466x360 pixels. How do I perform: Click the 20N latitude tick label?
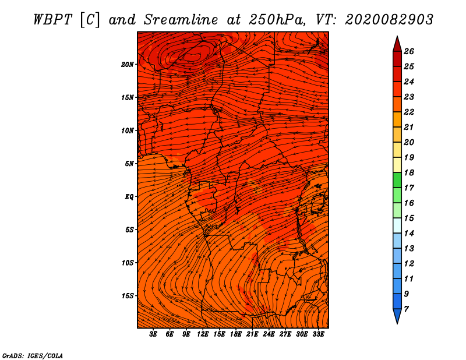[x=128, y=64]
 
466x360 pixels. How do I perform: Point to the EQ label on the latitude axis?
[x=129, y=196]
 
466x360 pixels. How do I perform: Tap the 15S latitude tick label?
[x=128, y=295]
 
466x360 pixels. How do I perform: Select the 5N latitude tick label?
[x=129, y=163]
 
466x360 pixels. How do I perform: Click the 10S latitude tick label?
[x=128, y=263]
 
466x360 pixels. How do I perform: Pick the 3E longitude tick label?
[x=154, y=334]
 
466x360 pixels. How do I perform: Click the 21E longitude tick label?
[x=252, y=334]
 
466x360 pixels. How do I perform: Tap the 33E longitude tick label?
[x=318, y=334]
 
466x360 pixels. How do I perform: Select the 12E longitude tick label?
[x=203, y=334]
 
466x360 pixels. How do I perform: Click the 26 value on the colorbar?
[x=408, y=51]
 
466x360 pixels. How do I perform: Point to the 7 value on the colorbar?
[x=406, y=309]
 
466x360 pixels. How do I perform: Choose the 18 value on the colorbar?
[x=408, y=172]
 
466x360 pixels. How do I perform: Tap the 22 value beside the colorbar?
[x=408, y=112]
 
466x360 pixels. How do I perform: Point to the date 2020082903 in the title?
[x=389, y=19]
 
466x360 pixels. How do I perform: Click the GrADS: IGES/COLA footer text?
[x=32, y=355]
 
